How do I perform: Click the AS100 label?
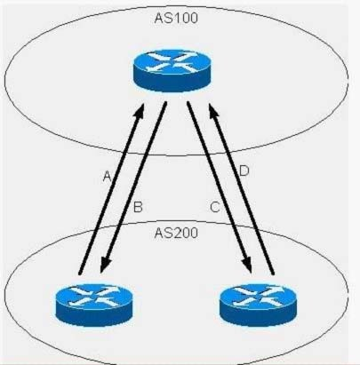pyautogui.click(x=176, y=18)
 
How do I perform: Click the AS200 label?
pyautogui.click(x=176, y=233)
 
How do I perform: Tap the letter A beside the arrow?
pyautogui.click(x=107, y=177)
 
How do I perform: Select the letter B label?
pyautogui.click(x=138, y=207)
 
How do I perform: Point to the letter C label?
pyautogui.click(x=215, y=207)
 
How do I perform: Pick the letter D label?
pyautogui.click(x=244, y=171)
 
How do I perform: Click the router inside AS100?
pyautogui.click(x=172, y=71)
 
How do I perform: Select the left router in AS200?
pyautogui.click(x=94, y=305)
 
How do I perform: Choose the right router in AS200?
pyautogui.click(x=258, y=305)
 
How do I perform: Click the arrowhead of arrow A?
pyautogui.click(x=141, y=107)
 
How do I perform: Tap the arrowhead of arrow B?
pyautogui.click(x=103, y=267)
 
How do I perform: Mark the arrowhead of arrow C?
pyautogui.click(x=249, y=267)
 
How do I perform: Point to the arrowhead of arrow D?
pyautogui.click(x=212, y=107)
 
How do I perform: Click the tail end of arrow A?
pyautogui.click(x=79, y=274)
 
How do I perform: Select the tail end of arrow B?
pyautogui.click(x=165, y=103)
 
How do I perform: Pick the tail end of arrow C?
pyautogui.click(x=188, y=103)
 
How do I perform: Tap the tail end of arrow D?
pyautogui.click(x=273, y=274)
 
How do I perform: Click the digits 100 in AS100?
pyautogui.click(x=184, y=18)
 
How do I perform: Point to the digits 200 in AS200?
pyautogui.click(x=184, y=233)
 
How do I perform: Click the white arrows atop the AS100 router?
pyautogui.click(x=172, y=62)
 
